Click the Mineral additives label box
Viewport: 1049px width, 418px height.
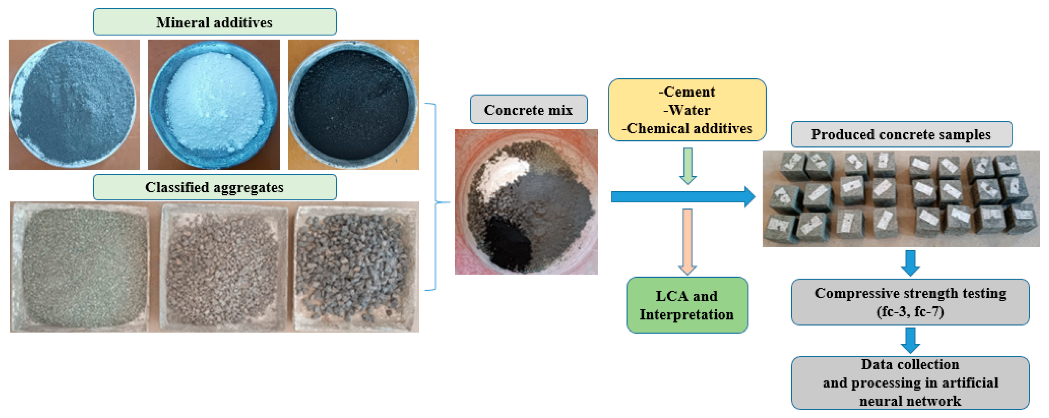[x=215, y=22]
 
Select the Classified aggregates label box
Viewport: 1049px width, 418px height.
[x=215, y=187]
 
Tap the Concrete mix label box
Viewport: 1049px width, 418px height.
[x=528, y=110]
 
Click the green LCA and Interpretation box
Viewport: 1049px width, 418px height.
[x=687, y=305]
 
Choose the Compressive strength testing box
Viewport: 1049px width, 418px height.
[x=910, y=302]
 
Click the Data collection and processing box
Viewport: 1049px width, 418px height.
[x=910, y=383]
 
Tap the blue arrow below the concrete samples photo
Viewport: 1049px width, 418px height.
[x=910, y=263]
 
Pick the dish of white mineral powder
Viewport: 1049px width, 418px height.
[x=214, y=105]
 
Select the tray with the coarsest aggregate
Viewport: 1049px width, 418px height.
[x=356, y=267]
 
